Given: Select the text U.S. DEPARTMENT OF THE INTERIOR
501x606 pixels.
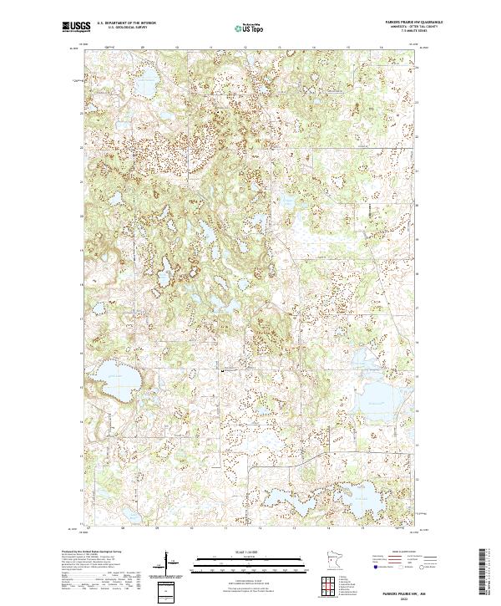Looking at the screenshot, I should (x=127, y=23).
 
